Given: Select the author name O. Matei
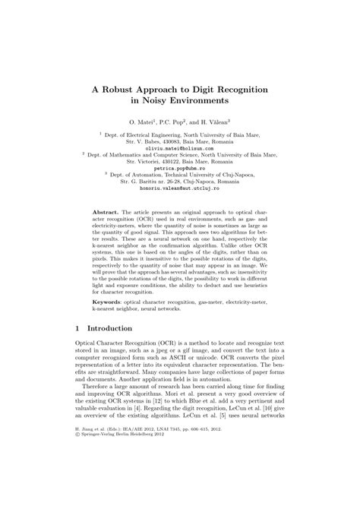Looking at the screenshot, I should (142, 122).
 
